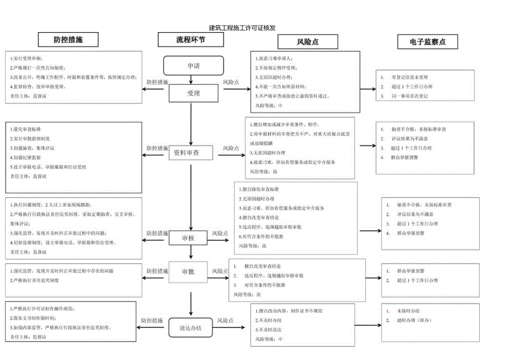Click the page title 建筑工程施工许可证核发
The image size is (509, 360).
242,27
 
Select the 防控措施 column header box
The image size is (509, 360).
68,39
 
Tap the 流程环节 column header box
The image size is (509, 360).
191,39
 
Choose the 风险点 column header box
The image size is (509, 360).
308,41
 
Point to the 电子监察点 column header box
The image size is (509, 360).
427,41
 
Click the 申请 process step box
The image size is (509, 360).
193,66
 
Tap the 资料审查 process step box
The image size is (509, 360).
186,152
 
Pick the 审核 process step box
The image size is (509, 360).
189,238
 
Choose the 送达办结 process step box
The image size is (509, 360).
190,327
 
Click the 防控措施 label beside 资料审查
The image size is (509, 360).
158,148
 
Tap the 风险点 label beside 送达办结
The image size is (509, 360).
225,320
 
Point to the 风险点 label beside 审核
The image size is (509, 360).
221,234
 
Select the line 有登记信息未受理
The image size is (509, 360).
410,77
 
